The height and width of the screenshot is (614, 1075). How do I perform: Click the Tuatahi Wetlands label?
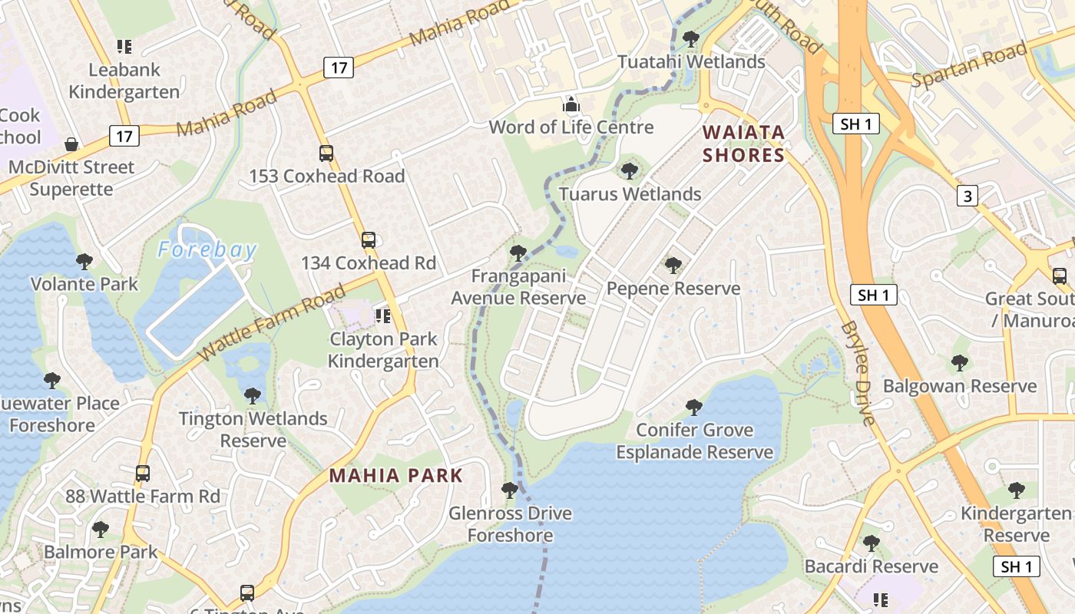(x=691, y=61)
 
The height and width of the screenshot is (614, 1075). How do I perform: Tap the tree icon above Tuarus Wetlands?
(x=630, y=170)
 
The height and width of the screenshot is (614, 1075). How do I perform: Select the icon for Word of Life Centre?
(x=571, y=104)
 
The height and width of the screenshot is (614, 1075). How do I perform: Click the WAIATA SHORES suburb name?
(x=743, y=144)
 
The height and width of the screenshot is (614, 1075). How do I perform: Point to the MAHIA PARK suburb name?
(x=396, y=475)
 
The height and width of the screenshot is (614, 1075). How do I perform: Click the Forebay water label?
(x=207, y=249)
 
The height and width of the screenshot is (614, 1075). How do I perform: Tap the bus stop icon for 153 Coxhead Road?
(x=326, y=153)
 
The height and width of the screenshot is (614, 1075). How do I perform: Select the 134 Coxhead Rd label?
(x=368, y=263)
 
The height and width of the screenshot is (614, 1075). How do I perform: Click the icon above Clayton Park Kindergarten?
(x=382, y=316)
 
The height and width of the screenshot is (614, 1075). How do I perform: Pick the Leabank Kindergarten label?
(x=124, y=81)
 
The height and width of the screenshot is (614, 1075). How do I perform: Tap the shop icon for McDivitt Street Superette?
(x=71, y=144)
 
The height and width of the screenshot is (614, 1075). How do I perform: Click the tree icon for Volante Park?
(x=84, y=262)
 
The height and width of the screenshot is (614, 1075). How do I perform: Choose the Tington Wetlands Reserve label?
(x=253, y=430)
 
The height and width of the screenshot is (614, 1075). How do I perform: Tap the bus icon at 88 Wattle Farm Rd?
(x=142, y=474)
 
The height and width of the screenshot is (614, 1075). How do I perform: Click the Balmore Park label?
(x=101, y=552)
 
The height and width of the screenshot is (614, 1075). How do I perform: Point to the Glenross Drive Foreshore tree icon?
(x=509, y=490)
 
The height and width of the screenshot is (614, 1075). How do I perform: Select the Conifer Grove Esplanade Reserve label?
(x=694, y=441)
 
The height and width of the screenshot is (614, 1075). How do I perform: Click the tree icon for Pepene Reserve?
(x=673, y=266)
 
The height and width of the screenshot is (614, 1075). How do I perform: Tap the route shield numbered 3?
(x=968, y=196)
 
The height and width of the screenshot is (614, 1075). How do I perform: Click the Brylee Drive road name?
(x=859, y=372)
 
